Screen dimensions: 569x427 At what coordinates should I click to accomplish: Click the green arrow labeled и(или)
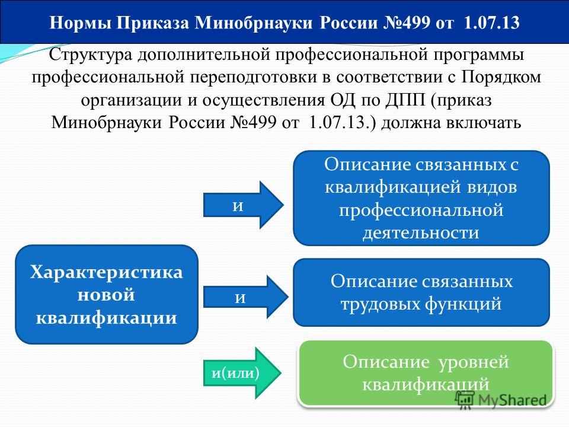coord(242,373)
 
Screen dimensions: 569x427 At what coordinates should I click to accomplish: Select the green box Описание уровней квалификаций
coord(426,373)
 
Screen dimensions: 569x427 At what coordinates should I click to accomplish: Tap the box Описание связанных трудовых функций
coord(421,292)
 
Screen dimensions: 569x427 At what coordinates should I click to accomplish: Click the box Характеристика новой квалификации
coord(107,295)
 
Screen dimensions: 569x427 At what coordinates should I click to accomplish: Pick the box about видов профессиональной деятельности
coord(421,198)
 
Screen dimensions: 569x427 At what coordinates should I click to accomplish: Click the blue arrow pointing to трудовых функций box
coord(245,297)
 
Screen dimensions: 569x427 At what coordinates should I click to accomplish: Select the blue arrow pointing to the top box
coord(244,205)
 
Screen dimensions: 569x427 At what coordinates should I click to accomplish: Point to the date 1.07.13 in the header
coord(492,23)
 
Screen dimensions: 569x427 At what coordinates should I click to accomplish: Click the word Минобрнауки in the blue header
coord(254,23)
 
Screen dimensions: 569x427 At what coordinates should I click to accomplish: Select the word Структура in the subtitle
coord(90,55)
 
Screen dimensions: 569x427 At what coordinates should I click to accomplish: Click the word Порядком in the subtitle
coord(501,77)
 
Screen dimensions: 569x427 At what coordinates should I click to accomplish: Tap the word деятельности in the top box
coord(421,232)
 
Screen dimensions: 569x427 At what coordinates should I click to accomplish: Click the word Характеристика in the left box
coord(107,272)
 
